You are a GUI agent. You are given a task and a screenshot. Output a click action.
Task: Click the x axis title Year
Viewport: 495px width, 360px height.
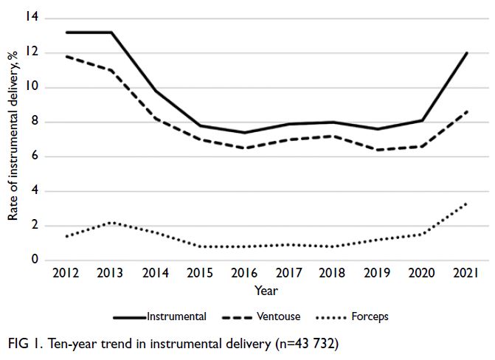(x=266, y=291)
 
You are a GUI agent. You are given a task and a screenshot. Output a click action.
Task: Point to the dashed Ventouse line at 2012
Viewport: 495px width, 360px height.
(x=67, y=56)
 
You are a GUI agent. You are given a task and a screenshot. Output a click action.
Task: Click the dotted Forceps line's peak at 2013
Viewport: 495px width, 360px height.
(x=111, y=222)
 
